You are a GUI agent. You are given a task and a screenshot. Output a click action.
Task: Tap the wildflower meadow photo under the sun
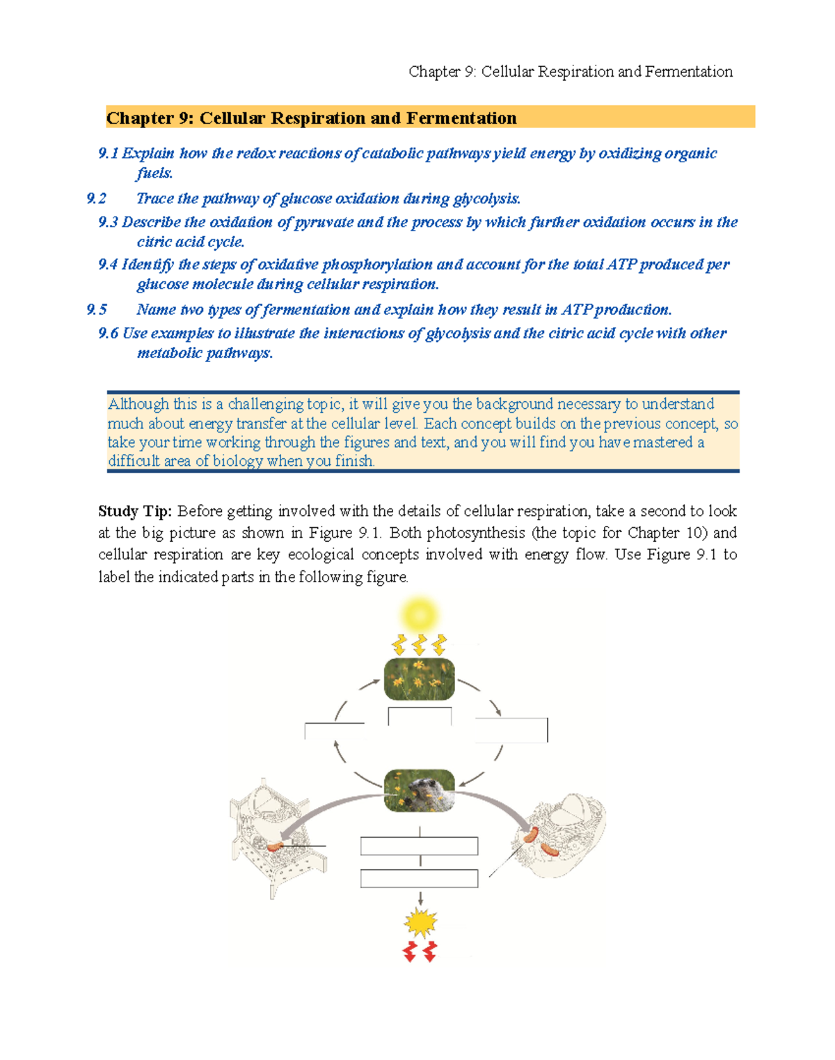coord(419,679)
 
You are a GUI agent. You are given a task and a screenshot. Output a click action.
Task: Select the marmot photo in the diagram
coord(420,790)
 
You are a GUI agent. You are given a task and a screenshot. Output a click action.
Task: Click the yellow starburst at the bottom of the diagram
coord(420,923)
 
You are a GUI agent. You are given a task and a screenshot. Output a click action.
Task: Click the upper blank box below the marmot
coord(419,846)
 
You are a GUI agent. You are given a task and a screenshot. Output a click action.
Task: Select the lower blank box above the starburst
coord(419,878)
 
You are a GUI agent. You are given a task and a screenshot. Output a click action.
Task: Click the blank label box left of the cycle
coord(334,731)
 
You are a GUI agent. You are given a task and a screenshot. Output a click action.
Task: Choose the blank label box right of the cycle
coord(511,729)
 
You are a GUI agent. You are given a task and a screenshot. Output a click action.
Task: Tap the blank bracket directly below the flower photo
coord(420,716)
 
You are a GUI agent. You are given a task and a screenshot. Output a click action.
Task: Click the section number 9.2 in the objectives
coord(96,199)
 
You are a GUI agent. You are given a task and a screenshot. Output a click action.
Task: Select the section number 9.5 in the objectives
coord(97,310)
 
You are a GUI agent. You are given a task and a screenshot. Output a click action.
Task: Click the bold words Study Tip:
coord(134,512)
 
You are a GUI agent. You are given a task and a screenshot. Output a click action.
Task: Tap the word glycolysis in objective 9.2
coord(486,199)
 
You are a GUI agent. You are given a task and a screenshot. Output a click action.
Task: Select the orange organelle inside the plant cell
coord(276,846)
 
